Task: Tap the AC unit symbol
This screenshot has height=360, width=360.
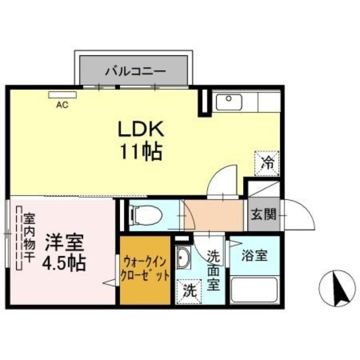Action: click(x=63, y=95)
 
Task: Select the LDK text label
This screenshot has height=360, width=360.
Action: click(x=140, y=130)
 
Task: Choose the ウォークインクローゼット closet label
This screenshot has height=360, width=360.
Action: click(x=145, y=268)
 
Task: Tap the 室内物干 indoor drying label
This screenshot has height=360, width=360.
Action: click(x=29, y=238)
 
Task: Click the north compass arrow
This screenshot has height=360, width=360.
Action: click(x=337, y=288)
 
